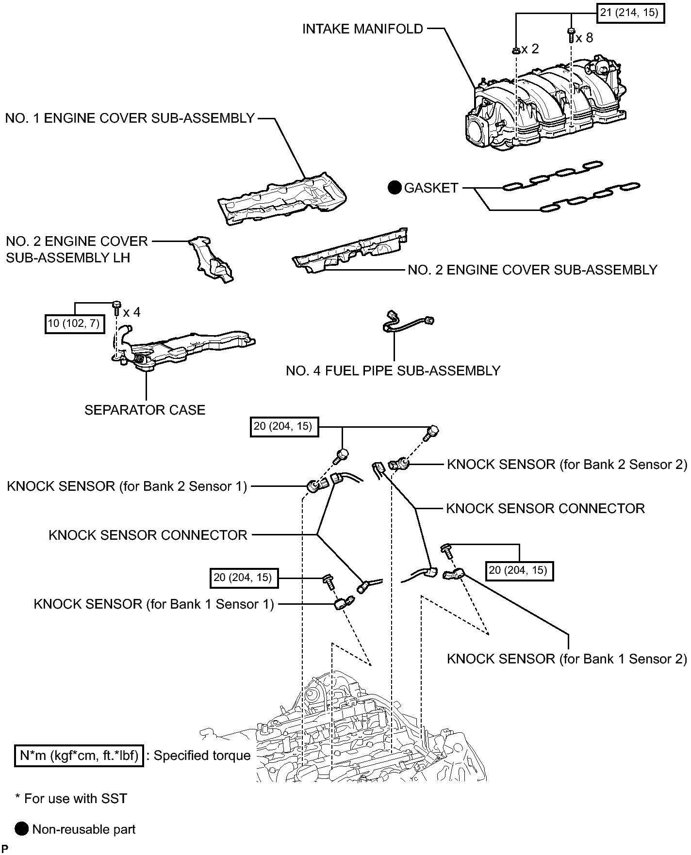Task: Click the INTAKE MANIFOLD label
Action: tap(362, 29)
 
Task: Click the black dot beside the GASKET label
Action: tap(395, 188)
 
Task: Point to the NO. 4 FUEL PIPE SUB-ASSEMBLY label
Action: tap(393, 371)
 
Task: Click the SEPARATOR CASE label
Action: tap(145, 410)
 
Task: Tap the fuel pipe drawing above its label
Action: tap(408, 322)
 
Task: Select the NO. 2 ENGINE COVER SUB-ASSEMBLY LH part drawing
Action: tap(211, 259)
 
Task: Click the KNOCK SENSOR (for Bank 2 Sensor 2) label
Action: tap(566, 465)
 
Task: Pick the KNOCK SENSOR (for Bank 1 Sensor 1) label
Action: tap(154, 604)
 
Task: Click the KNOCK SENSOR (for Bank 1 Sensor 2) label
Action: tap(566, 659)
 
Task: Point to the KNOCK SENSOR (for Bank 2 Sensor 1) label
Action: tap(127, 486)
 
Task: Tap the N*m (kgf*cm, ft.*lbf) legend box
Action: tap(79, 756)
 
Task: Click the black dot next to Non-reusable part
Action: tap(22, 829)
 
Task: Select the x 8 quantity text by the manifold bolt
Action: tap(584, 38)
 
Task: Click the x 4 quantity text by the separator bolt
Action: tap(132, 312)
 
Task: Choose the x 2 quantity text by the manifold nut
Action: tap(530, 49)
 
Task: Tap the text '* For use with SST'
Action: tap(71, 799)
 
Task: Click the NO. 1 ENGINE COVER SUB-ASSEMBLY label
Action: tap(130, 118)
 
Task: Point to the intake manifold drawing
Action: tap(543, 107)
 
